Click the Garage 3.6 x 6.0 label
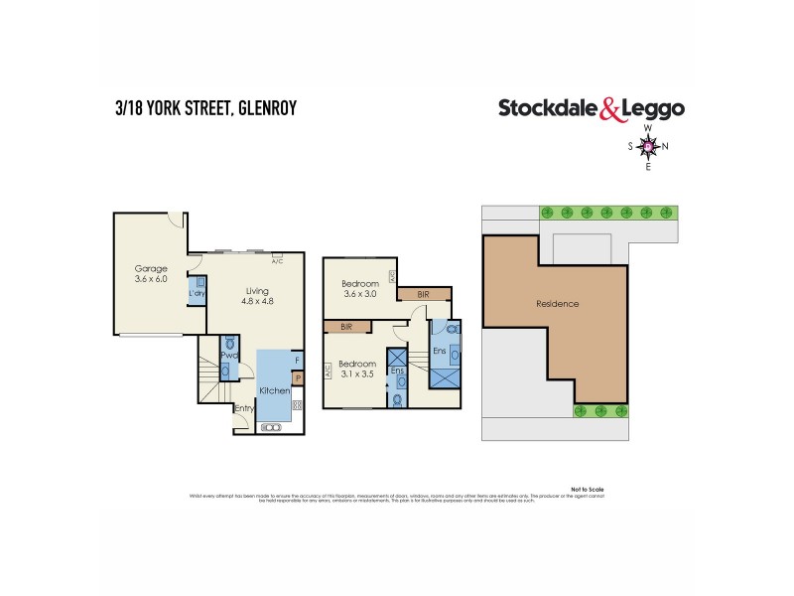point(152,275)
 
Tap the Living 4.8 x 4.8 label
point(258,298)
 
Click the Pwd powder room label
point(227,356)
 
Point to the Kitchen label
point(274,390)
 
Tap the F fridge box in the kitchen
point(296,361)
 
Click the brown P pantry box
point(296,378)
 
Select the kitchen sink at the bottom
point(269,427)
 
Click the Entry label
point(243,408)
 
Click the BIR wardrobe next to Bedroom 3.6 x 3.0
point(424,294)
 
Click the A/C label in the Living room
point(277,260)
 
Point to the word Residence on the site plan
point(557,303)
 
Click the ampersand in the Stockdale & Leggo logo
point(610,110)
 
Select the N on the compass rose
point(665,147)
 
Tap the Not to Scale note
point(589,489)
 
